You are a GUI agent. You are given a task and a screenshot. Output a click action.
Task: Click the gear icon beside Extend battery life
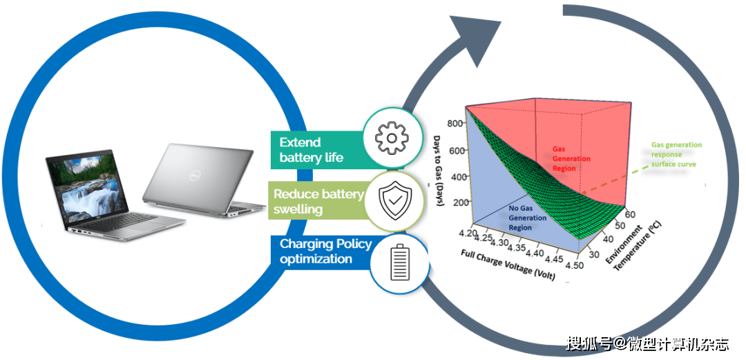pyautogui.click(x=392, y=138)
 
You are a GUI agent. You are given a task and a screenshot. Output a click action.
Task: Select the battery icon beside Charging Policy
pyautogui.click(x=399, y=263)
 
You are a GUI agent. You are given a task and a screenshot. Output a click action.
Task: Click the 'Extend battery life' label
pyautogui.click(x=311, y=150)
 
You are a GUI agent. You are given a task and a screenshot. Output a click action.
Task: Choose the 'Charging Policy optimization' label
pyautogui.click(x=325, y=252)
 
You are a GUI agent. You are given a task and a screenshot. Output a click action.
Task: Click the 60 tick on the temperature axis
pyautogui.click(x=630, y=214)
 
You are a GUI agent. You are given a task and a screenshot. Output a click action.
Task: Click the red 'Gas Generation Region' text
pyautogui.click(x=571, y=158)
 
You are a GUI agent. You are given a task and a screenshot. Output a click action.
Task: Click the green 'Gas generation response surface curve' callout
pyautogui.click(x=676, y=155)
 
